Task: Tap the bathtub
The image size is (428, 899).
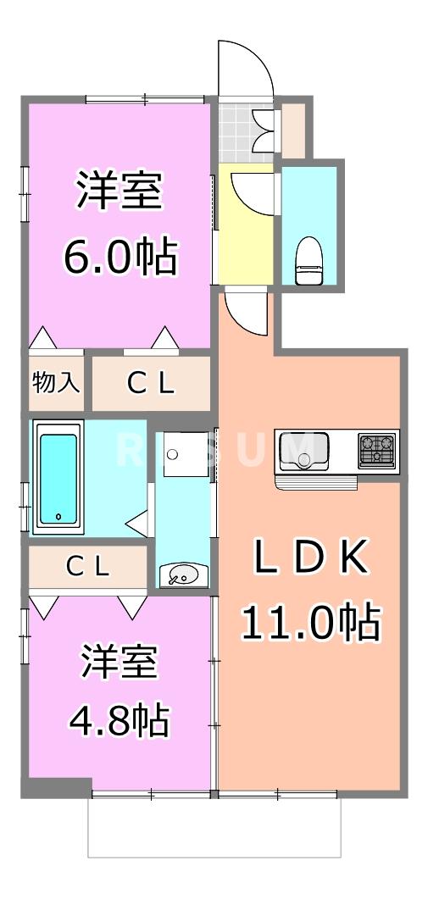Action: pos(58,479)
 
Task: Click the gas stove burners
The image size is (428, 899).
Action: pos(377,449)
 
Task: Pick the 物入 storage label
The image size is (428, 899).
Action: pos(56,383)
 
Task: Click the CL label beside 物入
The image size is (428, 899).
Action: pos(151,384)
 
